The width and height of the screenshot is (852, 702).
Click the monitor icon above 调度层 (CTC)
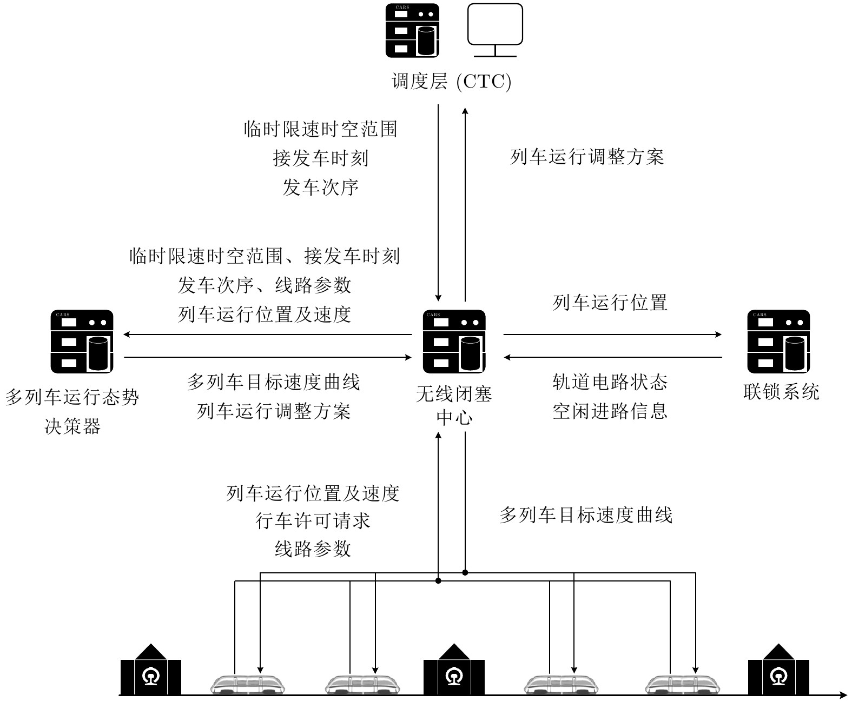[495, 30]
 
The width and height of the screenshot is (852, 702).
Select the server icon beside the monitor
[413, 30]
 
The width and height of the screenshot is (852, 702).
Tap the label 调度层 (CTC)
[451, 81]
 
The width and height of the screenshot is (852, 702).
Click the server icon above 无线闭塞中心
[454, 341]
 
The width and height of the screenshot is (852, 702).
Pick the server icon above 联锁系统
[778, 341]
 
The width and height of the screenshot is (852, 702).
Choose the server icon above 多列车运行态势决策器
[82, 341]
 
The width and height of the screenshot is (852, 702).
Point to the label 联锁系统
[781, 392]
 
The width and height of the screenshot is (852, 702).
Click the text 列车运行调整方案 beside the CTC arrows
[587, 157]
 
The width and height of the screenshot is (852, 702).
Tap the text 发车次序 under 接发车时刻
[320, 188]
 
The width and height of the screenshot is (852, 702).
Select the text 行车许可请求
[313, 521]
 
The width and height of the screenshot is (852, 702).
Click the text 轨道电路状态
[610, 383]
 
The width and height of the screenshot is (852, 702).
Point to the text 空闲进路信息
[610, 411]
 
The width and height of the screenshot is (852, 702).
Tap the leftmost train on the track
[247, 685]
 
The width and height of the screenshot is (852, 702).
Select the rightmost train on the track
[682, 685]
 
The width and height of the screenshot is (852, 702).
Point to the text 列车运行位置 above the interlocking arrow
[610, 303]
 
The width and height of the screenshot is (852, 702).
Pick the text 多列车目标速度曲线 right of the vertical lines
[586, 515]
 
